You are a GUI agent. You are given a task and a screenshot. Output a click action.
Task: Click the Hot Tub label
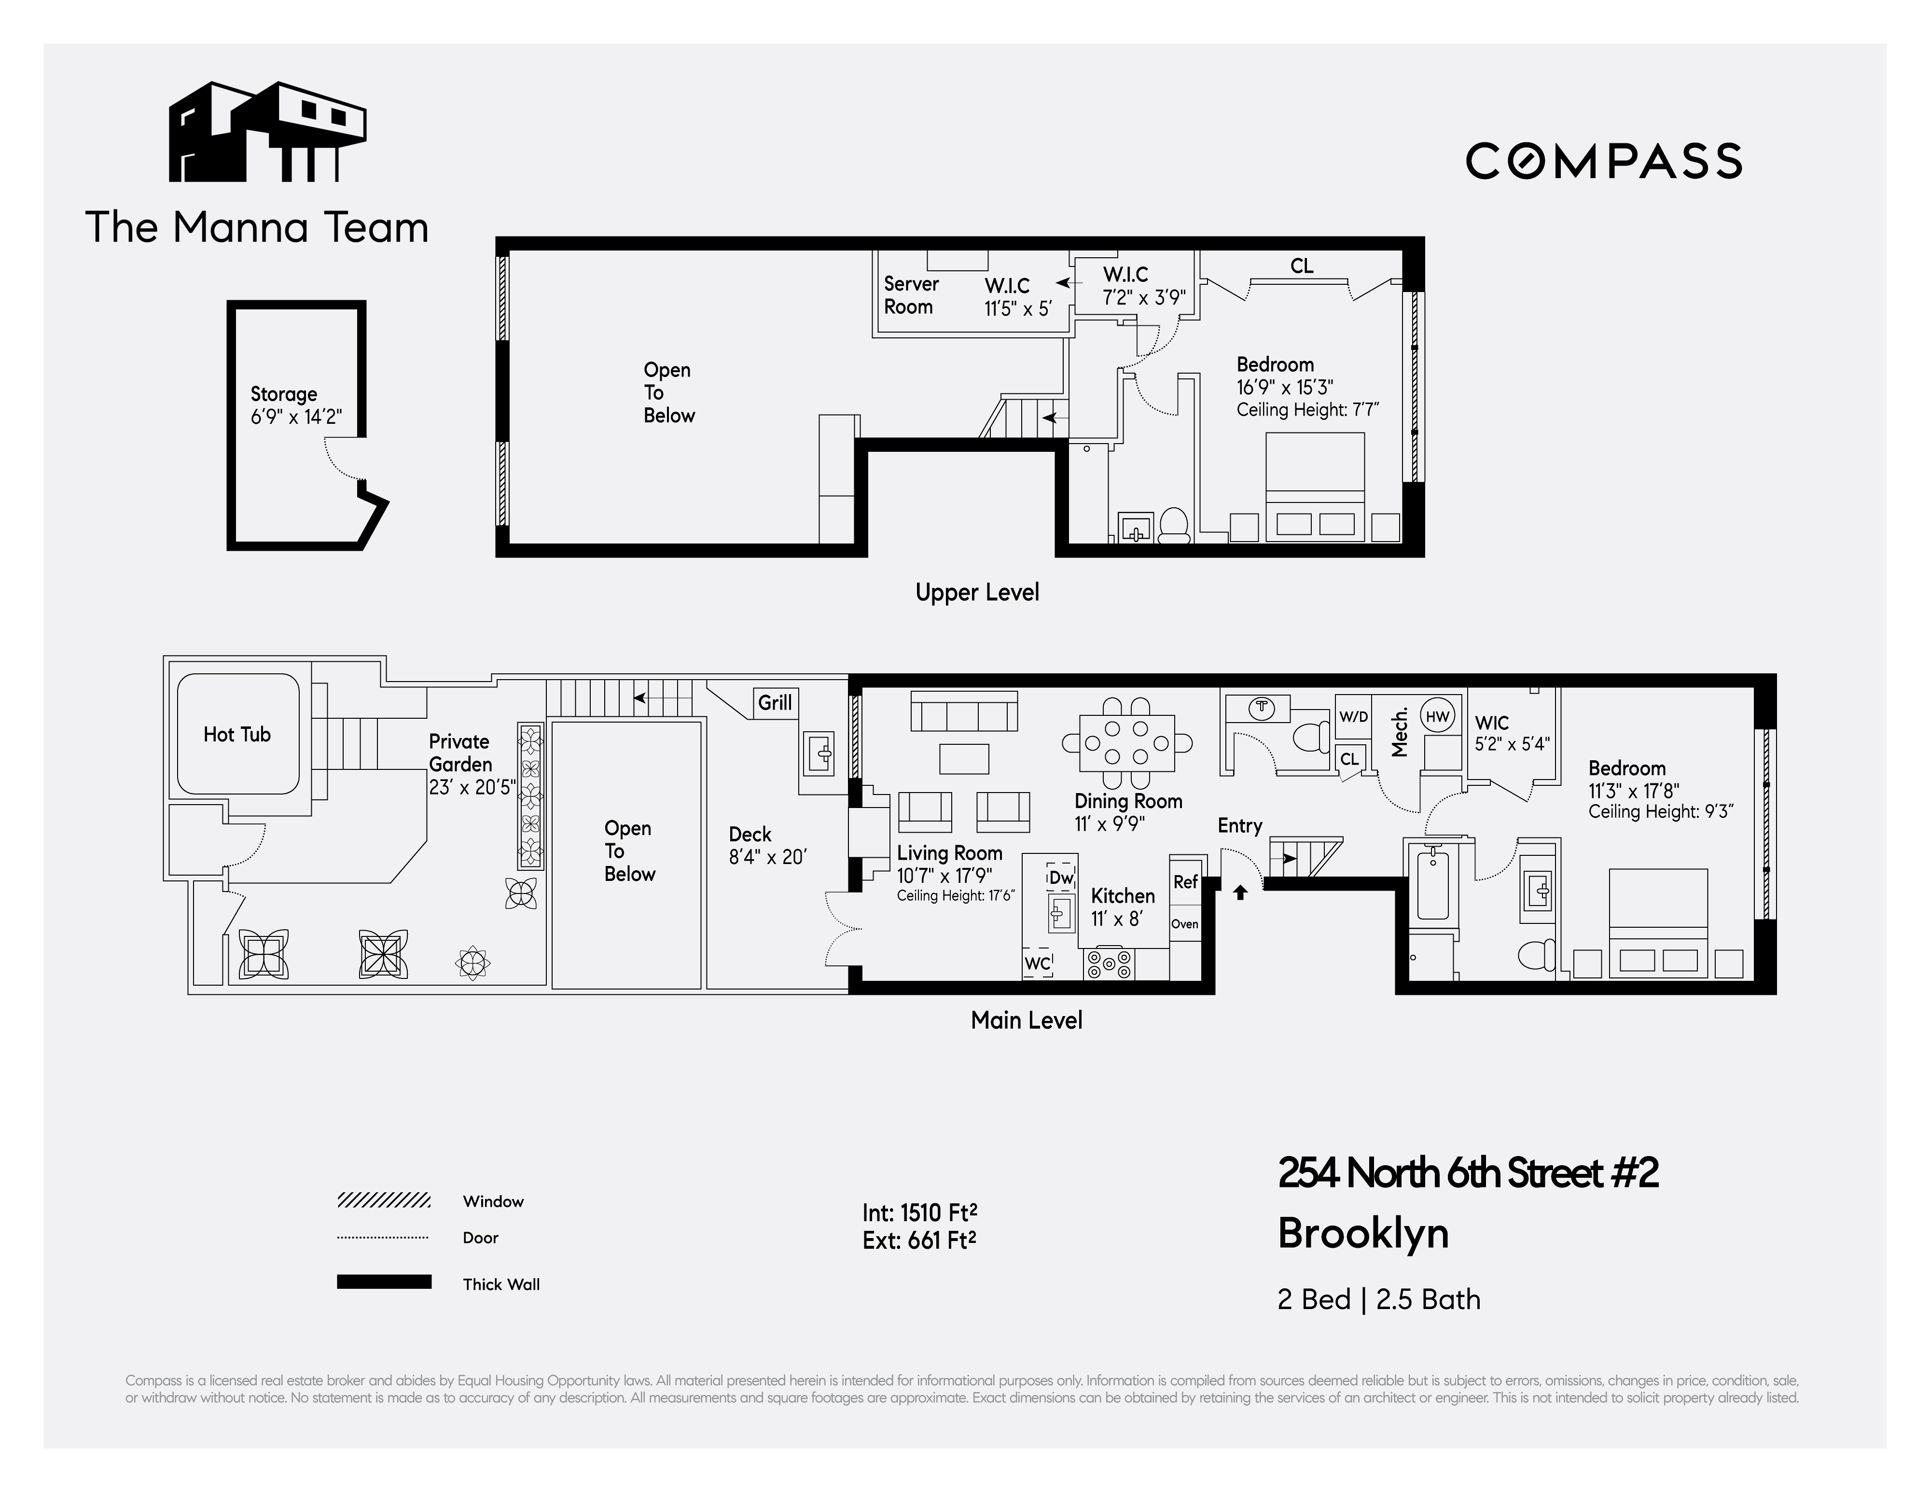[237, 735]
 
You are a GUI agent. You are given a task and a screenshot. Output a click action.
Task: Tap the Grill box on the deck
[775, 703]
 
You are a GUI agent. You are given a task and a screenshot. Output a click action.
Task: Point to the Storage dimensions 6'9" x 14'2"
[296, 417]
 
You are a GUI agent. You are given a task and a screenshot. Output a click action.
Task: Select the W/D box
[1353, 717]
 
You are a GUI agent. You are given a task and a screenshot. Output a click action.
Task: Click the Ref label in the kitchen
[1185, 882]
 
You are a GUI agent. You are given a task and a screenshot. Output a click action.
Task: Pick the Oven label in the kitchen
[1185, 924]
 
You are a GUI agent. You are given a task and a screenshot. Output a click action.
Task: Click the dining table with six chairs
[1127, 743]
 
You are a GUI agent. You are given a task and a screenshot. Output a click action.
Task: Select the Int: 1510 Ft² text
[919, 1213]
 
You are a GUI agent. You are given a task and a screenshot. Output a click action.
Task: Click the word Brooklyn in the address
[1362, 1234]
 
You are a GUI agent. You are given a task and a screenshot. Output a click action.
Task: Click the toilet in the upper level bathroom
[1174, 525]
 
